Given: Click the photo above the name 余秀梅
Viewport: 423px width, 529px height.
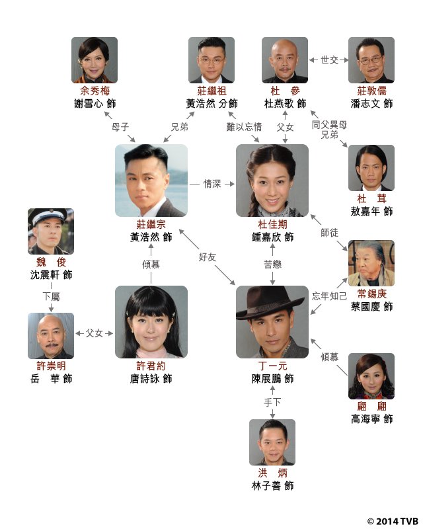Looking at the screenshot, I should pos(95,60).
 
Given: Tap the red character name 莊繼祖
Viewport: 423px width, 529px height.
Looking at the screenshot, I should pos(211,91).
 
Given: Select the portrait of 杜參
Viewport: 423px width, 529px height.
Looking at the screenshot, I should pos(284,60).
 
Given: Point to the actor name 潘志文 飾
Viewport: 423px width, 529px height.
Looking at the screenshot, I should pos(371,104).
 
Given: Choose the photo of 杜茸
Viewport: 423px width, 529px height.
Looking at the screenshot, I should pos(371,168).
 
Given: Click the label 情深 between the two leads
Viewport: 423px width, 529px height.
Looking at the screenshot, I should pos(211,184).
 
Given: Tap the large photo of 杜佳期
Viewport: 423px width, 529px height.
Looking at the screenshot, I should pos(272,180).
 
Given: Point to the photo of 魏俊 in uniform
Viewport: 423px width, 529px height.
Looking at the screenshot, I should pos(51,231).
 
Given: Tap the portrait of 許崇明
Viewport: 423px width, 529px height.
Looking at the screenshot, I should pos(51,335).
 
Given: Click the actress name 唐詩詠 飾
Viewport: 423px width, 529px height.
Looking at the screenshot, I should pos(151,379).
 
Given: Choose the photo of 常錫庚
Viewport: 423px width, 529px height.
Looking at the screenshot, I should pos(371,263).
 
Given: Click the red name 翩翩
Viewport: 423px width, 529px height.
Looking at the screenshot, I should pos(371,405).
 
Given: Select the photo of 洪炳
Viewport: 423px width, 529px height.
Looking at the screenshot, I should pos(272,442).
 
